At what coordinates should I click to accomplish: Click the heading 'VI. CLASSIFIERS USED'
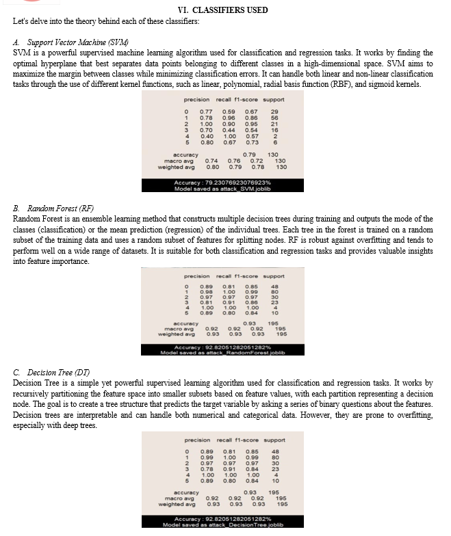tap(223, 10)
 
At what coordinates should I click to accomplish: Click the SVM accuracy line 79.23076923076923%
tap(225, 183)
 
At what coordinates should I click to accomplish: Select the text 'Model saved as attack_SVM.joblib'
tap(225, 189)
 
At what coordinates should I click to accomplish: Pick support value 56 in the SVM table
tap(275, 118)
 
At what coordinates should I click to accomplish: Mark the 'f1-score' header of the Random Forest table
tap(247, 276)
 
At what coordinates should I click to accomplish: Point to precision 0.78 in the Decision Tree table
tap(205, 468)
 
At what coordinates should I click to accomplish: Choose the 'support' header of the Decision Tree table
tap(274, 440)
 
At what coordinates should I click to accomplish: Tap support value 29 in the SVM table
tap(275, 111)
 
